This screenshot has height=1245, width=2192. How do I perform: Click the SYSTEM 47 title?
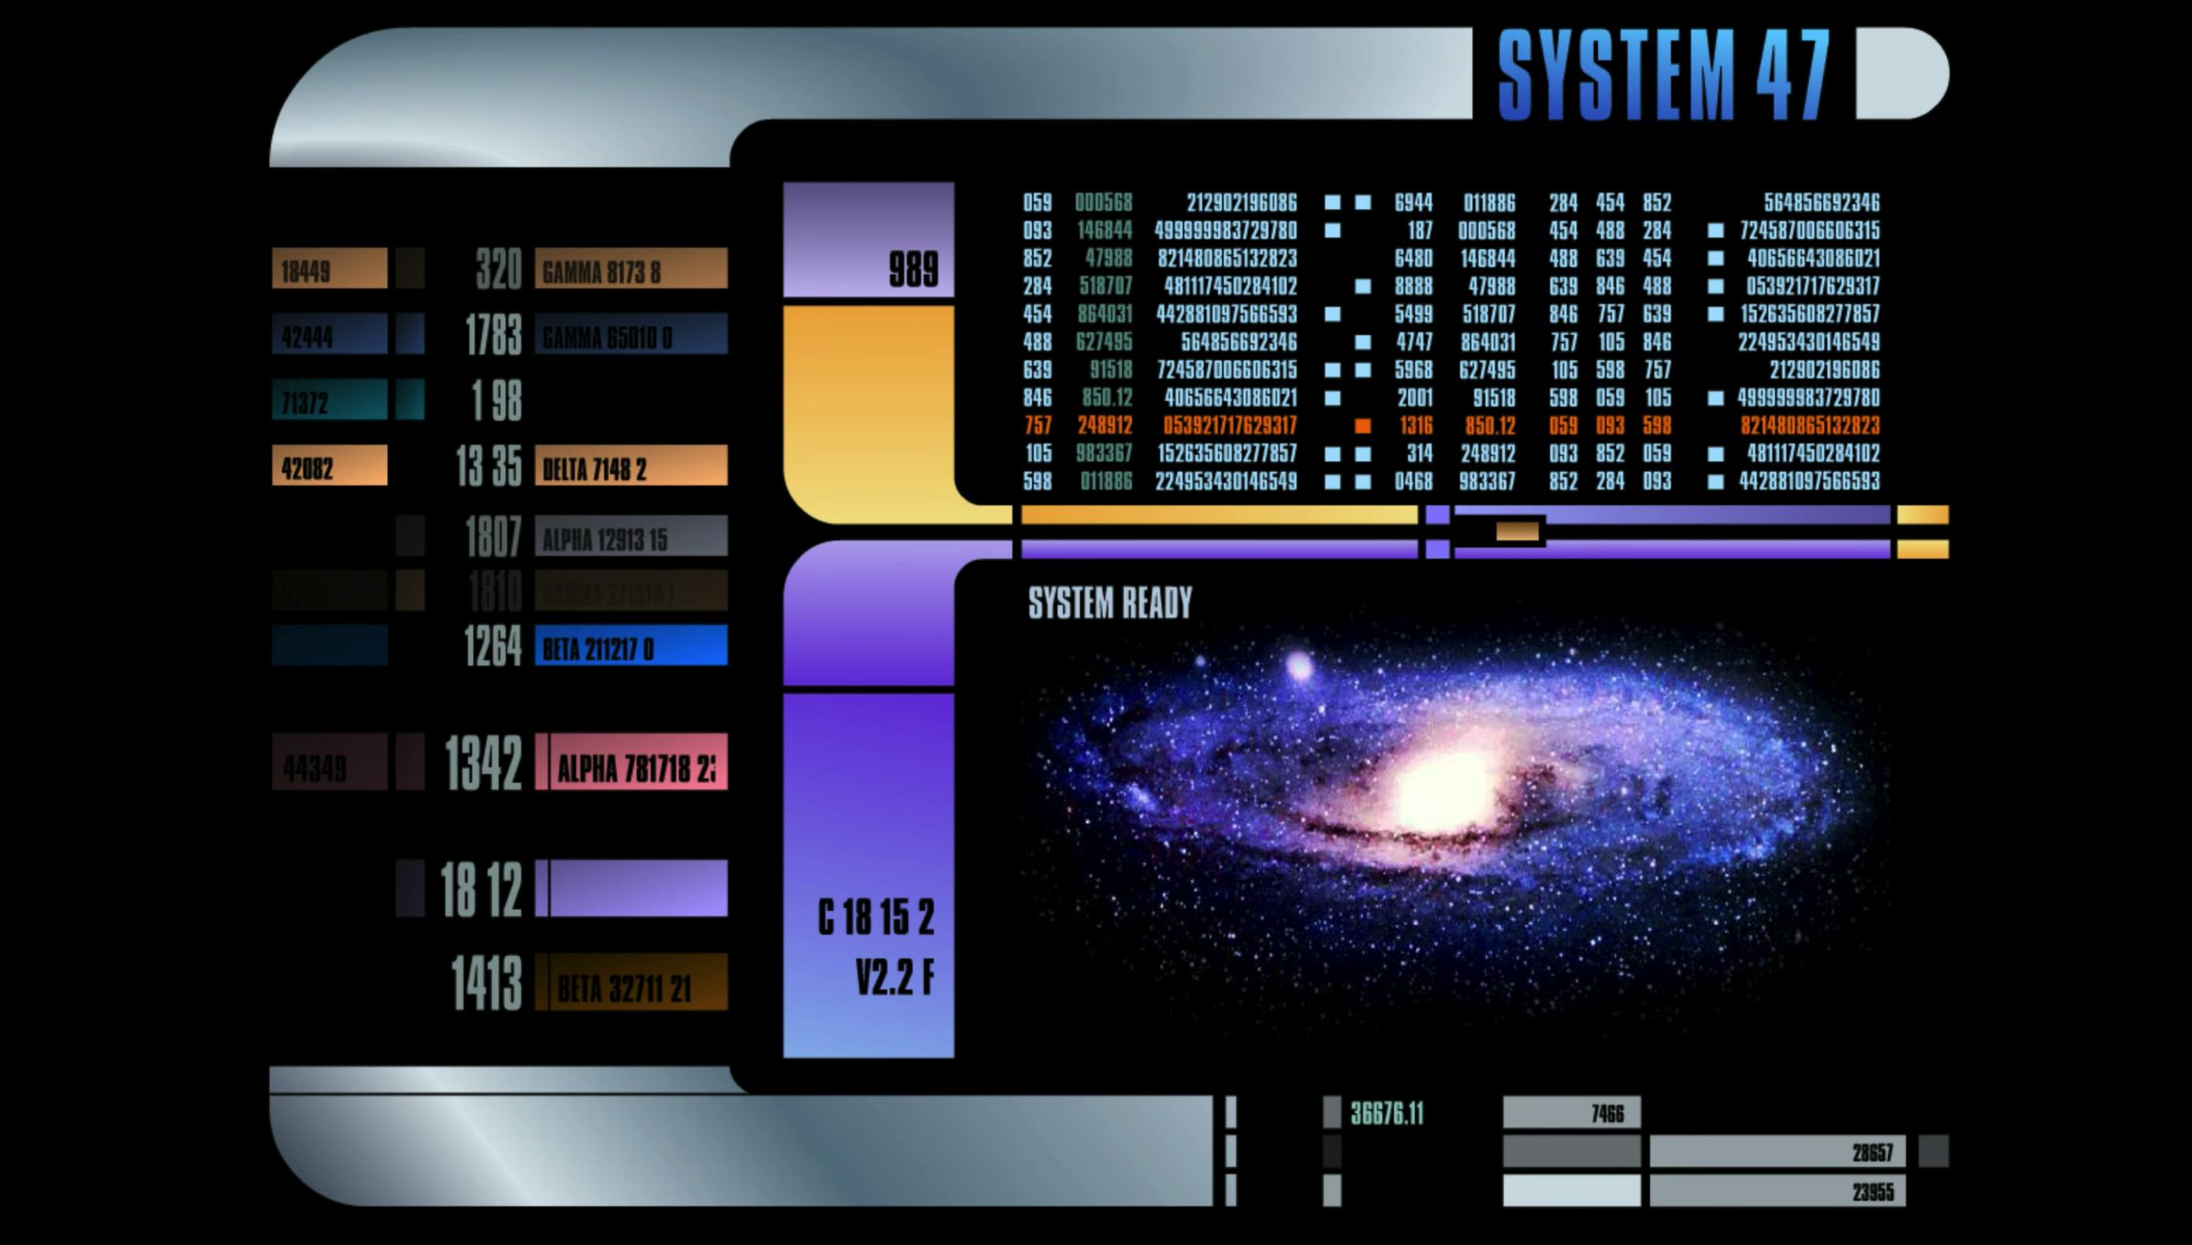(x=1663, y=74)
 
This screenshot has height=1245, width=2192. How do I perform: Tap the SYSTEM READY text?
(x=1109, y=603)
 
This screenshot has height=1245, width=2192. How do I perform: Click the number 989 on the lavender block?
(x=913, y=269)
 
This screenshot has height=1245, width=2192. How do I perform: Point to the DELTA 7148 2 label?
(x=631, y=466)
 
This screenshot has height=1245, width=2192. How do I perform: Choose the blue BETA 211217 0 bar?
(x=631, y=645)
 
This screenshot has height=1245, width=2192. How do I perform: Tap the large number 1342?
(x=483, y=763)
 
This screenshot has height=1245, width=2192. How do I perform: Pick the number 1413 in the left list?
(x=486, y=983)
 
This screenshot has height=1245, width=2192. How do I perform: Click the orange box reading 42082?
(x=329, y=466)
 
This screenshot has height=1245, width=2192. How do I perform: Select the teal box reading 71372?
(x=329, y=400)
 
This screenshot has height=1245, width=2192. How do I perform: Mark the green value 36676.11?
(x=1387, y=1113)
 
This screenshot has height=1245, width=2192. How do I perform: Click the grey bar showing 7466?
(x=1571, y=1113)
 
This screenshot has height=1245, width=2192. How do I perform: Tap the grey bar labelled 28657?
(x=1777, y=1152)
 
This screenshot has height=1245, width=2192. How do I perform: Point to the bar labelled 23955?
(x=1777, y=1191)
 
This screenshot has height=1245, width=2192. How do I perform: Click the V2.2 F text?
(x=894, y=976)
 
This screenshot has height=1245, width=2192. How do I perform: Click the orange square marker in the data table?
(x=1363, y=426)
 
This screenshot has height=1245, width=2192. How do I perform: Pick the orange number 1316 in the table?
(x=1414, y=426)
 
